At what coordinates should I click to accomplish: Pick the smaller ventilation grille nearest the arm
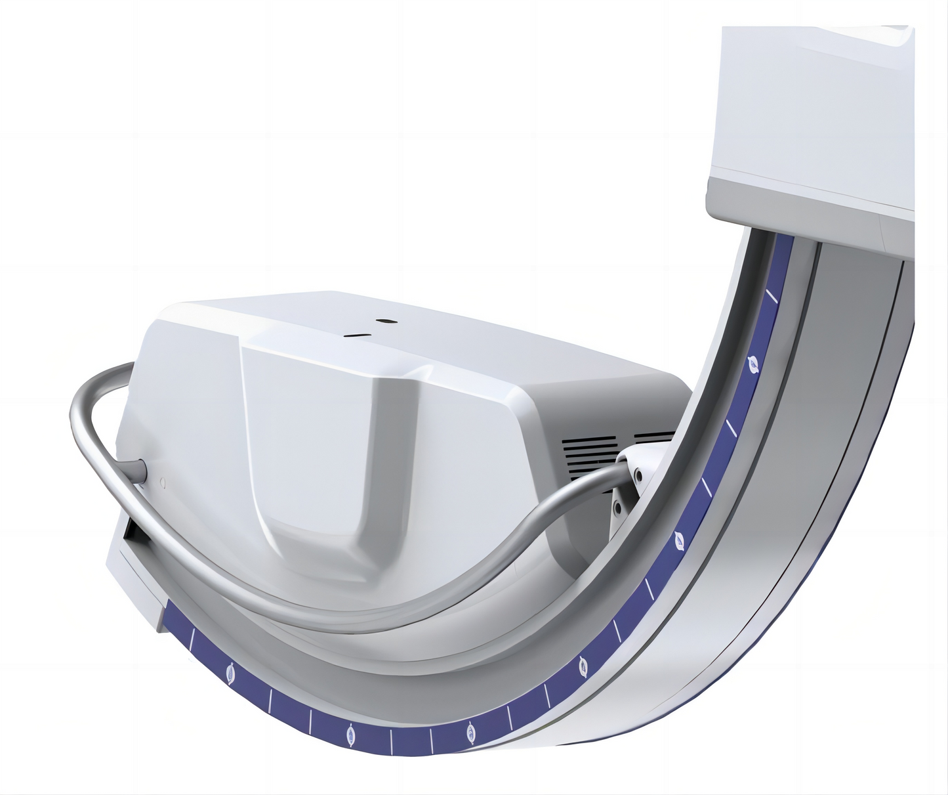point(654,436)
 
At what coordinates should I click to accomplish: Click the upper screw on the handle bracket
point(636,472)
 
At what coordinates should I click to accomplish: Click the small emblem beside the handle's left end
point(162,483)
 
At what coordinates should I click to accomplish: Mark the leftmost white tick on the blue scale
point(193,638)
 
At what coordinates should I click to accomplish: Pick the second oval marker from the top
point(679,542)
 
